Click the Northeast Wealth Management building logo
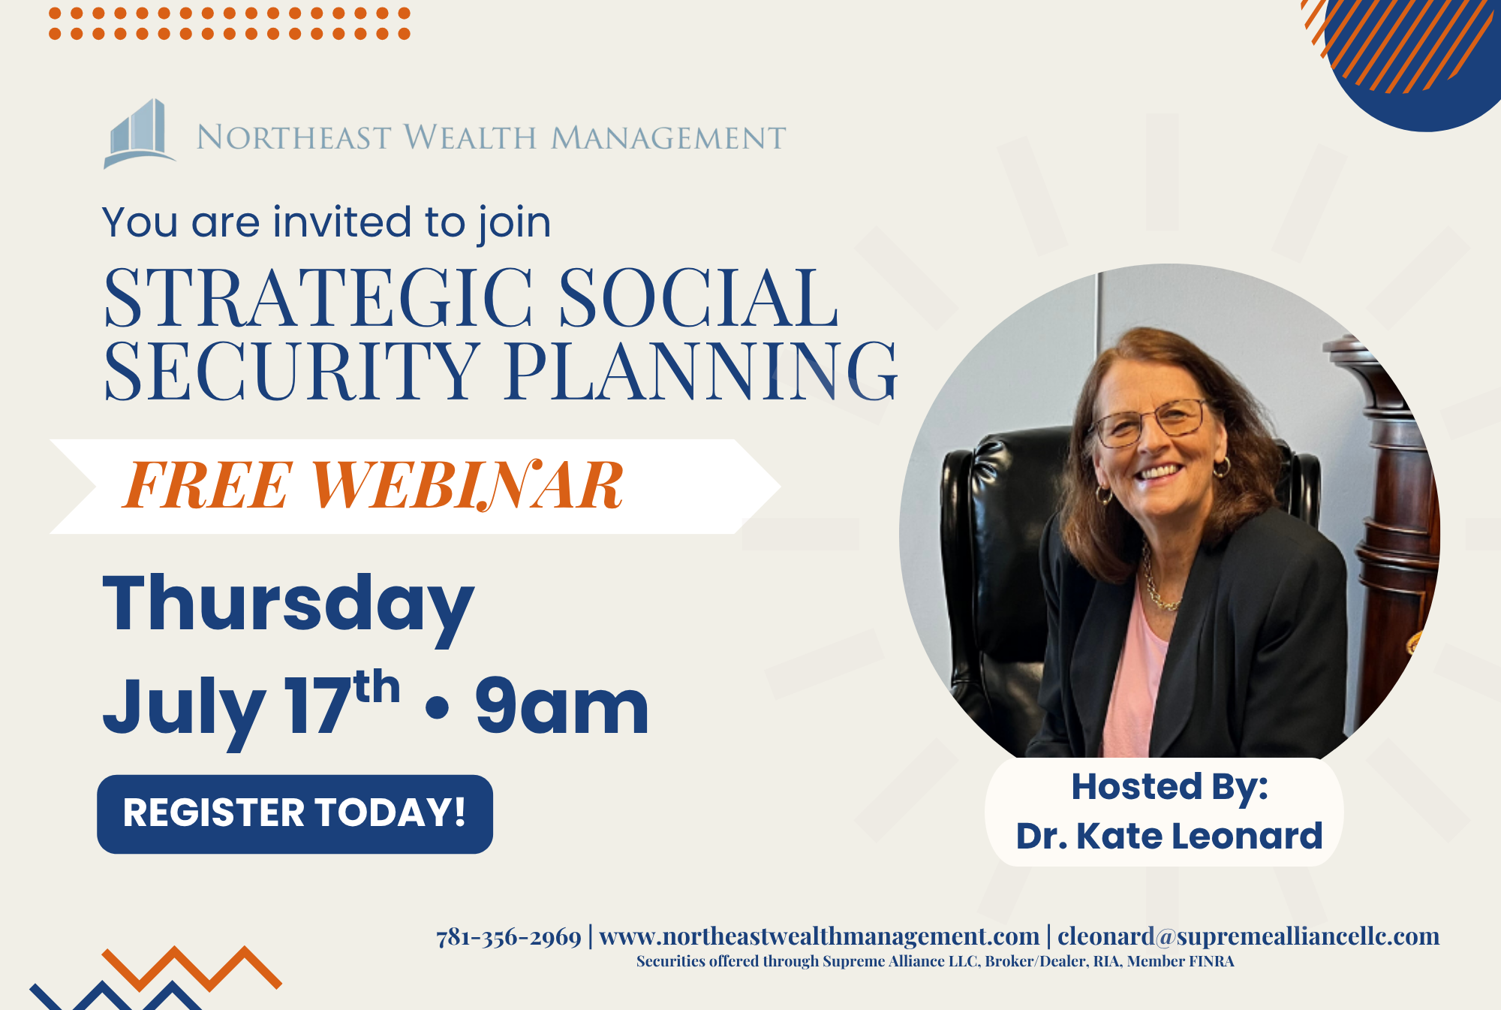(139, 134)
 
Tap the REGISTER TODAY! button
(295, 814)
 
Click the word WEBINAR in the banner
(467, 486)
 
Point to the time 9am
(561, 706)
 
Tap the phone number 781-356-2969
(509, 937)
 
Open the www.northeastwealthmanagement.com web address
(820, 937)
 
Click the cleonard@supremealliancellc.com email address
(1249, 937)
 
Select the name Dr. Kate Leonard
(1169, 836)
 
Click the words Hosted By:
(1169, 787)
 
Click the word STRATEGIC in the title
(319, 298)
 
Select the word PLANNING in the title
(701, 370)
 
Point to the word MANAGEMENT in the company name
(669, 138)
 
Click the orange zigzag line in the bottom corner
(191, 969)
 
